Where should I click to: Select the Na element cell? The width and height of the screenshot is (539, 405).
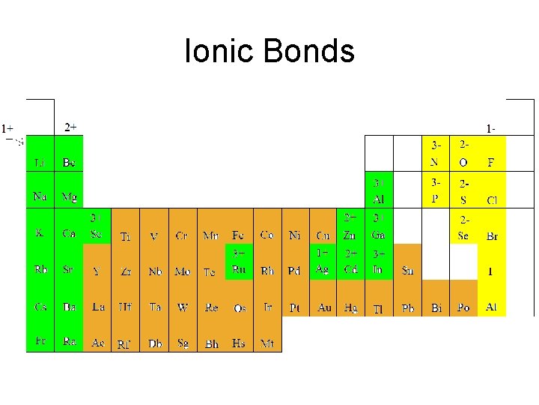tap(40, 196)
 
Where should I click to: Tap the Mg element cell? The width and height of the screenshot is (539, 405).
tap(69, 197)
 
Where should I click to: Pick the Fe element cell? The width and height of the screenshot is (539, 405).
tap(238, 235)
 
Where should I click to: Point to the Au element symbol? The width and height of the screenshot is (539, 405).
tap(324, 307)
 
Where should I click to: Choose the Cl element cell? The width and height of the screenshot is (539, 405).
tap(492, 200)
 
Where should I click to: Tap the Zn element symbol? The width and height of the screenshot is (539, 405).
tap(350, 235)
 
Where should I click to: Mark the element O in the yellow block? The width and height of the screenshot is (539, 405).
tap(463, 162)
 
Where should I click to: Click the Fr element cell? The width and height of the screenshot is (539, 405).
tap(40, 341)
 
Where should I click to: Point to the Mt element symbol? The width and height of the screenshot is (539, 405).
tap(267, 343)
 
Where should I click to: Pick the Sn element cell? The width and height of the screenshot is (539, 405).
tap(407, 270)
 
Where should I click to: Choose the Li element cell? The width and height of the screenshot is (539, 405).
tap(40, 162)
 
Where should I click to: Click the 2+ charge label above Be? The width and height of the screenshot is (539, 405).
tap(70, 127)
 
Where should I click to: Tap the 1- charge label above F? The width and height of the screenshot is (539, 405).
tap(491, 129)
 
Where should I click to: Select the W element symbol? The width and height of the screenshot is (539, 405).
tap(183, 307)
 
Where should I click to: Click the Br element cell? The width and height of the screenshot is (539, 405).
tap(492, 235)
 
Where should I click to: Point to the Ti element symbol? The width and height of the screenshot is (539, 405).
tap(125, 236)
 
